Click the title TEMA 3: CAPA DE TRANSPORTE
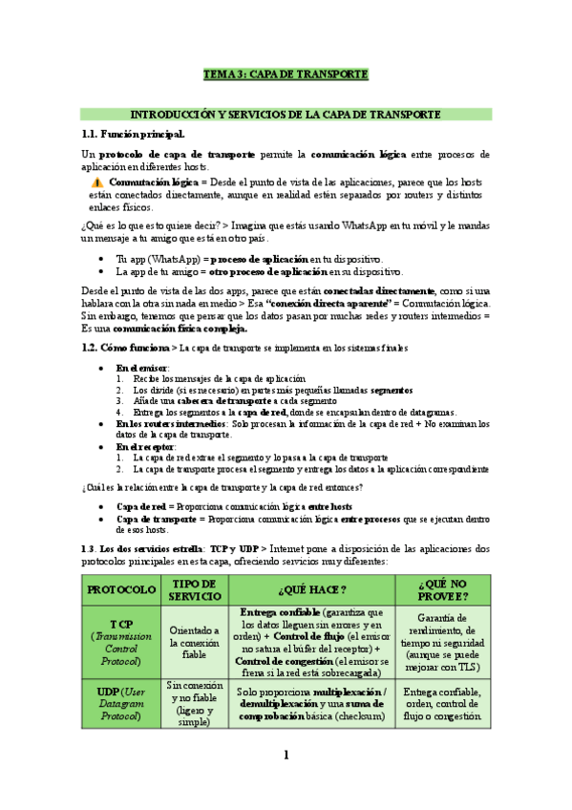[x=286, y=75]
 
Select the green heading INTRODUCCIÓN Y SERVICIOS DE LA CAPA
[x=286, y=115]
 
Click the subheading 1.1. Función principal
[x=134, y=135]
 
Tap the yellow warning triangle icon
[x=97, y=181]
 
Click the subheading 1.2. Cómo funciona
[x=125, y=349]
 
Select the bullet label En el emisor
[x=142, y=368]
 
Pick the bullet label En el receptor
[x=145, y=446]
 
